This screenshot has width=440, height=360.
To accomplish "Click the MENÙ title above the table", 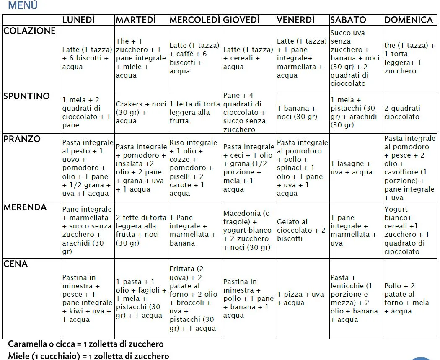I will click(x=23, y=5).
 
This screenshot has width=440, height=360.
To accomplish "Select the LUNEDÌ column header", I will click(x=78, y=20).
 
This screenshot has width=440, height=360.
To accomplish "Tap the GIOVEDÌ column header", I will click(x=241, y=20).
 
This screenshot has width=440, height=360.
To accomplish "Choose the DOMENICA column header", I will click(x=409, y=20).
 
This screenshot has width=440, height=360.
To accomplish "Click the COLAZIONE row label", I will click(x=29, y=31).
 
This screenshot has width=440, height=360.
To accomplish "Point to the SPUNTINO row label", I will click(x=26, y=96).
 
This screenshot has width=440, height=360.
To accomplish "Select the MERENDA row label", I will click(x=25, y=207).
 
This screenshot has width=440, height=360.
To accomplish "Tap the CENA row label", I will click(x=16, y=264).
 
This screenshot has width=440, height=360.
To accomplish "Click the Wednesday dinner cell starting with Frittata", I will click(x=194, y=298).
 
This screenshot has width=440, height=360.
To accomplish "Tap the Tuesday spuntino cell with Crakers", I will click(x=141, y=112).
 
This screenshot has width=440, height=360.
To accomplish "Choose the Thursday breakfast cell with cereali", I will click(x=248, y=58).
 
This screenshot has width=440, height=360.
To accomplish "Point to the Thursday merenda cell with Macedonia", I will click(x=248, y=230).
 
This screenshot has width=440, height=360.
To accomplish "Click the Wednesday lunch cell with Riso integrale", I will click(x=194, y=168).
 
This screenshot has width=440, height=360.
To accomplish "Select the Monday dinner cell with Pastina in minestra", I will click(x=87, y=298).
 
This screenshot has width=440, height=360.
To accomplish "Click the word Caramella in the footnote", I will click(x=27, y=344).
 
